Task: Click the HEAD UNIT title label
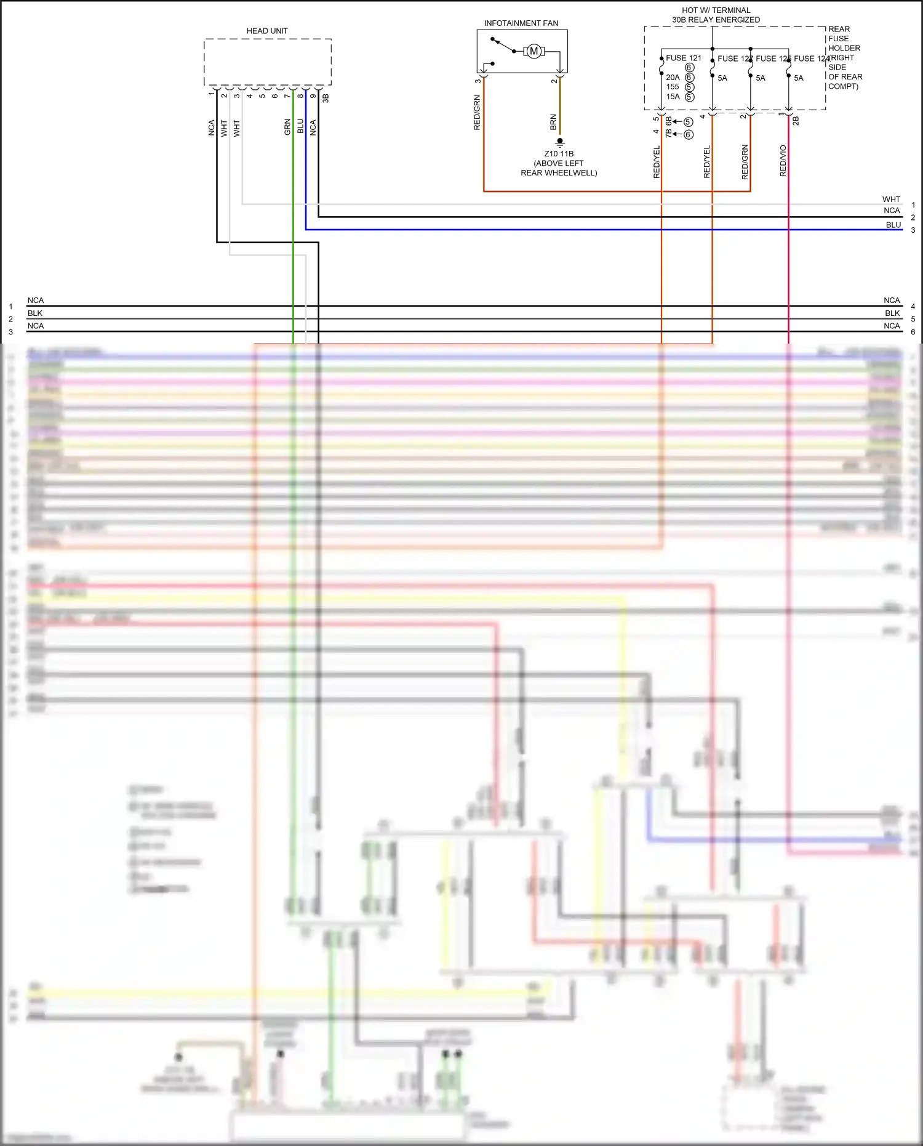267,31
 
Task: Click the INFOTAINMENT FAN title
521,23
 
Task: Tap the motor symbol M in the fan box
534,51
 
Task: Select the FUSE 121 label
683,58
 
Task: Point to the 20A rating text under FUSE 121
673,78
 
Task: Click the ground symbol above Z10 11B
559,142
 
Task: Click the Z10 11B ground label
559,154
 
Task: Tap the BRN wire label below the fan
553,122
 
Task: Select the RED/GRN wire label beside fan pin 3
477,113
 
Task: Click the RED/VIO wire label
783,161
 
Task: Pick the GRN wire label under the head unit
287,127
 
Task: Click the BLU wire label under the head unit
300,126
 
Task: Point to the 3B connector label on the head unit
326,98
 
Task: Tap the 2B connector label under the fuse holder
796,121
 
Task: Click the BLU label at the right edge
893,225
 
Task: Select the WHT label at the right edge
890,199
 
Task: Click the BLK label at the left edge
35,313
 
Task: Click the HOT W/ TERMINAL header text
716,10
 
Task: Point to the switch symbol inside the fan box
504,46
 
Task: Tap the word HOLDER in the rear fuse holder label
844,48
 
